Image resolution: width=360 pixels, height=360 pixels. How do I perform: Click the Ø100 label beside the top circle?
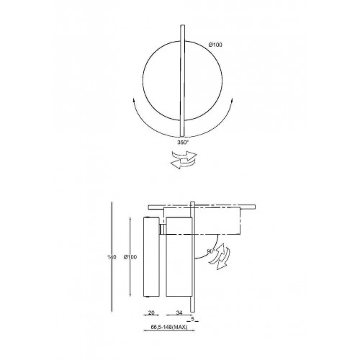[x=215, y=45]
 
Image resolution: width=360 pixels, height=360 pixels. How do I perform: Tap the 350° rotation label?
[x=183, y=143]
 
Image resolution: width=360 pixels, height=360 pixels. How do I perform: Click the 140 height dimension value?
[x=112, y=257]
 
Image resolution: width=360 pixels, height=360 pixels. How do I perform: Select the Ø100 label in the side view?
[x=130, y=257]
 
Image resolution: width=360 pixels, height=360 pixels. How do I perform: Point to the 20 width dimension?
[x=151, y=312]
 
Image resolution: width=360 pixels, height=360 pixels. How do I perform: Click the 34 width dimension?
[x=179, y=312]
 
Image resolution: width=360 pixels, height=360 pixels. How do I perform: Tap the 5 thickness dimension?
[x=192, y=319]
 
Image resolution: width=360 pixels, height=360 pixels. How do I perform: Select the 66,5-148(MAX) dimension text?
[x=169, y=327]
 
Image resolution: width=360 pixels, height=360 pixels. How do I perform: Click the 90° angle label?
[x=210, y=251]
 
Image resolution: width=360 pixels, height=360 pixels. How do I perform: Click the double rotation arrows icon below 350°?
[x=184, y=160]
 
